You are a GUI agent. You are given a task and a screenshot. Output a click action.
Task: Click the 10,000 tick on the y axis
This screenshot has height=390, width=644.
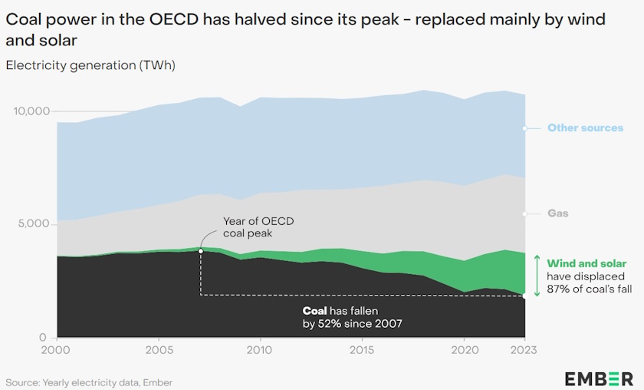coord(31,111)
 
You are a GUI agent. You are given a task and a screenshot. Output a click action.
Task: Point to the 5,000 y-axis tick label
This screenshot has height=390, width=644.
coord(34,224)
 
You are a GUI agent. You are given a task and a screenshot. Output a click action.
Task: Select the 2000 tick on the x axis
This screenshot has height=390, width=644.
coord(58,350)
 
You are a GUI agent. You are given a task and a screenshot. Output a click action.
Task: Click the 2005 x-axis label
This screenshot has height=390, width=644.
coord(158,350)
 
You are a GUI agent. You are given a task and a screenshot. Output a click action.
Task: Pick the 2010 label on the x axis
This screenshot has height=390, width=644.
coord(261,350)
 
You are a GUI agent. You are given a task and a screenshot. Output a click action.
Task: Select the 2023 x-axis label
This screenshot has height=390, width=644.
coord(523,350)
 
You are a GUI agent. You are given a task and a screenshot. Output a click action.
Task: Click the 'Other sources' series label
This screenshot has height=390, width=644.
coord(585,128)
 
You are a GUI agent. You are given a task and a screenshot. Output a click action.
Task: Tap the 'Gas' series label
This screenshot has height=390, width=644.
coord(557,213)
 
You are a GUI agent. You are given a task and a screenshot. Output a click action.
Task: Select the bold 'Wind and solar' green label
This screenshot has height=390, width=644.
coord(586,263)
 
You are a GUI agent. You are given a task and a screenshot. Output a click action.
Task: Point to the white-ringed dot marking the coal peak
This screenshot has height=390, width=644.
coord(200,250)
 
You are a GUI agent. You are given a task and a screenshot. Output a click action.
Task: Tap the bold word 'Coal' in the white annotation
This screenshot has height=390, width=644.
coord(315,311)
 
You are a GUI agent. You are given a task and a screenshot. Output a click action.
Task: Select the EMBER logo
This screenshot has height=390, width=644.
coord(599,378)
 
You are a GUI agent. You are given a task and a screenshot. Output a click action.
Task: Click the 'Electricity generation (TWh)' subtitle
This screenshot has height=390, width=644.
coord(90,65)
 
